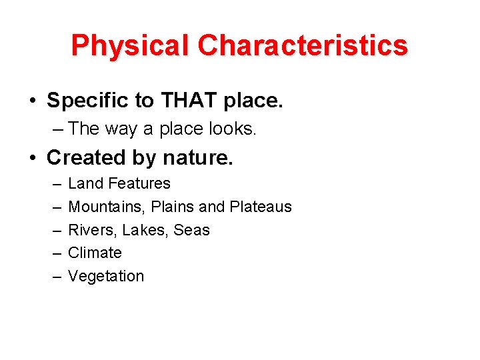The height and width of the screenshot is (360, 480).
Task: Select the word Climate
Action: pyautogui.click(x=95, y=253)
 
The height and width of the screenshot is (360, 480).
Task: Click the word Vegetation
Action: pyautogui.click(x=106, y=276)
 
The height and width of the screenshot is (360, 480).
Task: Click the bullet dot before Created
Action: pyautogui.click(x=33, y=159)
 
